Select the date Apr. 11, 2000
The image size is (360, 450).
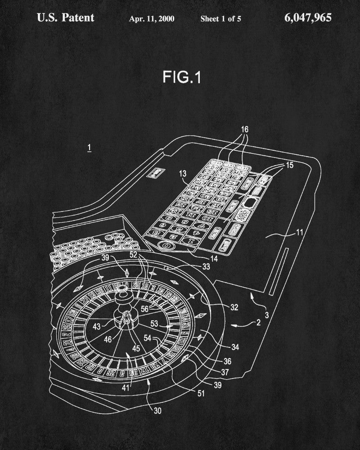point(152,18)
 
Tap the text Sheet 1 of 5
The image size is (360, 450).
point(220,18)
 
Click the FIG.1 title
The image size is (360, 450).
point(182,77)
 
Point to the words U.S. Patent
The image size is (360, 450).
point(66,18)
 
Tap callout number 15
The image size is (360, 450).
point(289,165)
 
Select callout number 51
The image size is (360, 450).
point(201,393)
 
